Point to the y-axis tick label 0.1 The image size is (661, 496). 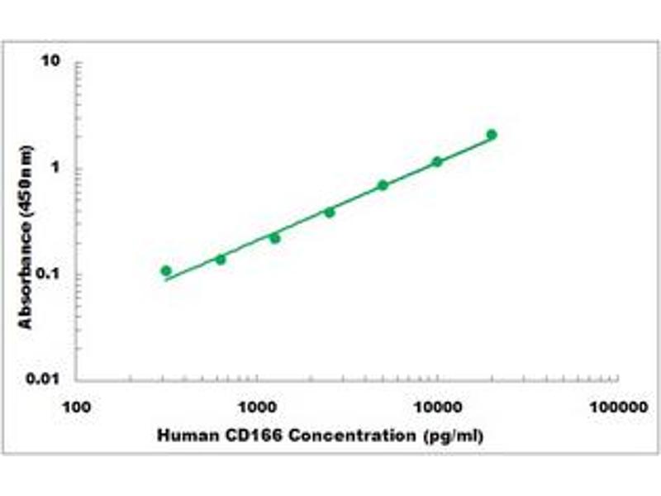(53, 274)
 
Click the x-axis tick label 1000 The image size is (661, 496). (257, 408)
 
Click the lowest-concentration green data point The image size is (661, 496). (166, 270)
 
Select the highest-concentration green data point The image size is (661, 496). (492, 134)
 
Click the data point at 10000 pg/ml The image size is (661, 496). (437, 162)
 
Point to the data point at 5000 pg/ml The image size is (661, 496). (383, 185)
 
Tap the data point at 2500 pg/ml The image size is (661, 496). (329, 212)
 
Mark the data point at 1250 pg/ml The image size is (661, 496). (274, 238)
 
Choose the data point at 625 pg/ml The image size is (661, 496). (221, 260)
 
